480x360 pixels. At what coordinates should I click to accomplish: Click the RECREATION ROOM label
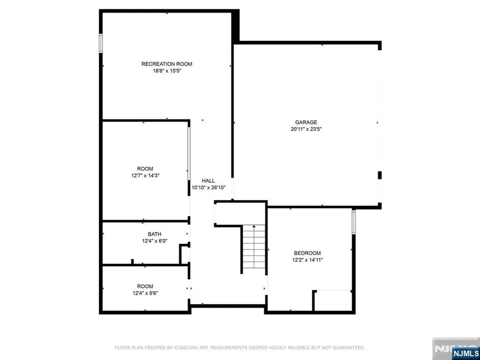point(167,64)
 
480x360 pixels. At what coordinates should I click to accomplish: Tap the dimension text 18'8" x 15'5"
point(167,71)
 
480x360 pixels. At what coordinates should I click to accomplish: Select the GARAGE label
point(306,122)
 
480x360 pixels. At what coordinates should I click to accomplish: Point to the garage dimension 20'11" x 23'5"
point(306,129)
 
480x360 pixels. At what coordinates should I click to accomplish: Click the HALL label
point(208,180)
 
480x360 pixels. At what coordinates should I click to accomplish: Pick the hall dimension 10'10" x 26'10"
point(209,187)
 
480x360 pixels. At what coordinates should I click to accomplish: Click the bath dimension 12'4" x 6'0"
point(155,241)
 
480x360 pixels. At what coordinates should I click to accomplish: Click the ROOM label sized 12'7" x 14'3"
point(145,169)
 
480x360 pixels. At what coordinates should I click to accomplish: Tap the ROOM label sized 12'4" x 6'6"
point(145,286)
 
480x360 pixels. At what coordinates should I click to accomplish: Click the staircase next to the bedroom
point(254,248)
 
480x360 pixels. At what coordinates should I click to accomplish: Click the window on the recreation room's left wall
point(100,44)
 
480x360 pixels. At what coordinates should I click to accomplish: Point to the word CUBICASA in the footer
point(198,348)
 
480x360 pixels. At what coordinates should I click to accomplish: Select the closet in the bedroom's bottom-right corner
point(332,301)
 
